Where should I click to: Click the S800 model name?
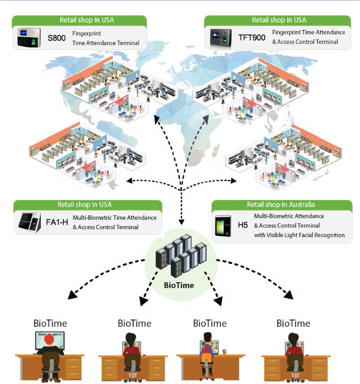[x=57, y=38]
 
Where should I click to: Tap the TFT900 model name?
[x=252, y=37]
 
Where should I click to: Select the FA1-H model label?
[x=57, y=222]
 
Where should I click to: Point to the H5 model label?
[x=243, y=225]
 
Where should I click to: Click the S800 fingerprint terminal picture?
[x=29, y=37]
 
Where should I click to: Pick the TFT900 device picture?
[x=221, y=38]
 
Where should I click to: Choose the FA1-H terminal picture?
[x=29, y=222]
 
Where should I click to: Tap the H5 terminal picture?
[x=223, y=226]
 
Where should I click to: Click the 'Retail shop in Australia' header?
[x=281, y=205]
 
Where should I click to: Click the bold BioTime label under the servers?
[x=179, y=285]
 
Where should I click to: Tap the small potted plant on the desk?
[x=224, y=351]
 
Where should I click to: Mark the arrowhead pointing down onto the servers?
[x=181, y=221]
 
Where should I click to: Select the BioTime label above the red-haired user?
[x=50, y=323]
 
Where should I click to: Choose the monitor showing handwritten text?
[x=50, y=340]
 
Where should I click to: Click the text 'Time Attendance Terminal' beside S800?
[x=106, y=43]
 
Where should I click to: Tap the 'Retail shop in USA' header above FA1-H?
[x=84, y=205]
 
